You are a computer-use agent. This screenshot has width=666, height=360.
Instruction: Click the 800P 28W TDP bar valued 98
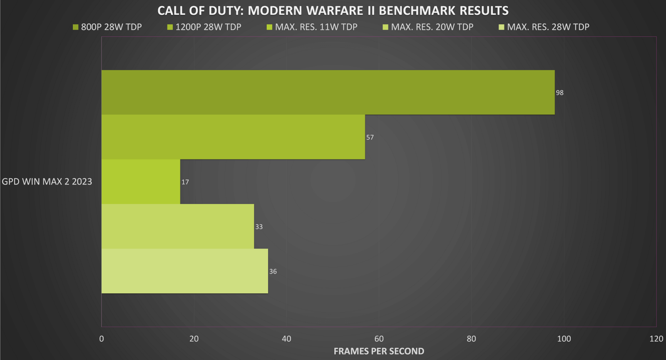tap(328, 92)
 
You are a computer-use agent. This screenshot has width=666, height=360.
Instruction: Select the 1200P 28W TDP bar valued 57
tap(233, 137)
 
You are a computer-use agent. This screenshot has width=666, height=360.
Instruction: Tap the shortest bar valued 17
tap(141, 181)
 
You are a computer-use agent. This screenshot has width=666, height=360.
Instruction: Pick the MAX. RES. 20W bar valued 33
tap(178, 226)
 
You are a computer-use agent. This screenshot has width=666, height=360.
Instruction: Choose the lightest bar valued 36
tap(185, 271)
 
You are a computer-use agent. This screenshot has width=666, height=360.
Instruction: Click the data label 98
tap(559, 93)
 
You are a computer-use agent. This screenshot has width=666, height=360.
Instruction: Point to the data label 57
tap(370, 137)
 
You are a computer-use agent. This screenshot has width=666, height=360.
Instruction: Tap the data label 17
tap(185, 182)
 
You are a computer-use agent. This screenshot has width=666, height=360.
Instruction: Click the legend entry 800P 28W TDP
tap(107, 27)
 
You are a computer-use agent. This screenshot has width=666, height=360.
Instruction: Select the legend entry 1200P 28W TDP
tap(204, 27)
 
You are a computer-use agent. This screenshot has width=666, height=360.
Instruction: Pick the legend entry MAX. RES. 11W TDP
tap(312, 27)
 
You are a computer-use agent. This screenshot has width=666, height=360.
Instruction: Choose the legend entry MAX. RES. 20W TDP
tap(428, 27)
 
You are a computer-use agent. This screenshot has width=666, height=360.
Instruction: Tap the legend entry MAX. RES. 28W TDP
tap(544, 27)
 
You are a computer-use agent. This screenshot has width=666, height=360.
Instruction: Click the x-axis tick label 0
tap(102, 339)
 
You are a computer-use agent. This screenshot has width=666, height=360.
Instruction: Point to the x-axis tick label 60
tap(379, 339)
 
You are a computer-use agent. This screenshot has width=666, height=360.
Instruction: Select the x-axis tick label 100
tap(564, 339)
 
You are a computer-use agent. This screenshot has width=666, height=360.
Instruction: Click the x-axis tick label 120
tap(656, 339)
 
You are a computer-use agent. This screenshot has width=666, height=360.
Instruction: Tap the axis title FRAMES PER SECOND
tap(379, 351)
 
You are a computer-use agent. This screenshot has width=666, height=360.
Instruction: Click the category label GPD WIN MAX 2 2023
tap(47, 181)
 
